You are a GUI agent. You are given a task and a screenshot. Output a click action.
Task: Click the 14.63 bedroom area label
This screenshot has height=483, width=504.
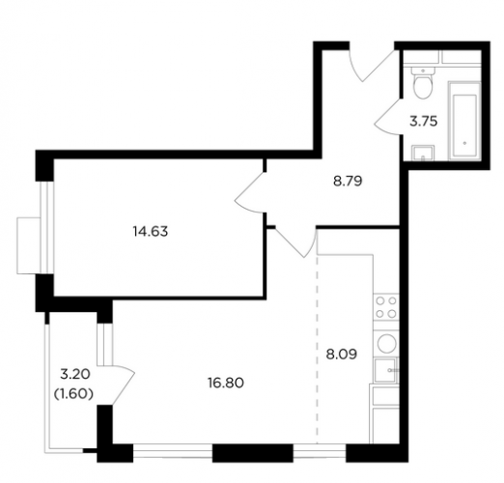151,232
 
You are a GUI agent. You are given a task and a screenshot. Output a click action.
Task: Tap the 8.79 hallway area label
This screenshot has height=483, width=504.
348,182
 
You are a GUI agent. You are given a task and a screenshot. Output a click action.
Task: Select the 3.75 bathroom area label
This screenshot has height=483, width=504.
423,122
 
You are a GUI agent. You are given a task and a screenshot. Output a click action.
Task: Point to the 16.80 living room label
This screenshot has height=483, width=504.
226,384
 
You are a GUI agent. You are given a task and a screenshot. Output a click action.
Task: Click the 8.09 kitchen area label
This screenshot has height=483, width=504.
342,355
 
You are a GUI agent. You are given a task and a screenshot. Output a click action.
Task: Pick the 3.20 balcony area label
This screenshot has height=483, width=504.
75,374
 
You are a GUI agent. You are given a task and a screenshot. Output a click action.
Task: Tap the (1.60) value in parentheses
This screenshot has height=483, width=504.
73,393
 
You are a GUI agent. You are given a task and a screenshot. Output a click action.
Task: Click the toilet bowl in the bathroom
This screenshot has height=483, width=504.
422,83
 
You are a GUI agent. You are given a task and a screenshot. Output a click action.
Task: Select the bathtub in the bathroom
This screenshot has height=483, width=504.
464,121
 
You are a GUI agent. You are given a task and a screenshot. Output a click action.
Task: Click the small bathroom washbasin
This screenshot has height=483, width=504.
423,153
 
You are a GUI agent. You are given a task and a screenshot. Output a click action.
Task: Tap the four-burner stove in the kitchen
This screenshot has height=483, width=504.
386,307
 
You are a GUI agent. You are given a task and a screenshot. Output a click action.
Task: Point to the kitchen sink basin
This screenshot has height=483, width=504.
386,370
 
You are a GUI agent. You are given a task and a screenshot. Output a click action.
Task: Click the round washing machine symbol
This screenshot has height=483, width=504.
386,343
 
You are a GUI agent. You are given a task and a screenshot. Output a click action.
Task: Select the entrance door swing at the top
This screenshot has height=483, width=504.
373,66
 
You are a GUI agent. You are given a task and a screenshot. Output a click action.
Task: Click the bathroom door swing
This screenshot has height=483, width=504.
388,116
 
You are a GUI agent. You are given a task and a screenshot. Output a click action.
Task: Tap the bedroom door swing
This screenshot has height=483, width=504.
250,192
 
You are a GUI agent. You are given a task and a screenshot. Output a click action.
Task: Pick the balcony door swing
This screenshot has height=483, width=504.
124,384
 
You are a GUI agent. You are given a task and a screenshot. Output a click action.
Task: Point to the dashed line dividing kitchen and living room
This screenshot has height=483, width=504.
318,350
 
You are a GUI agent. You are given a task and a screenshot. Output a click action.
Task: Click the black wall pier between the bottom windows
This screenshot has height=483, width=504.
253,453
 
